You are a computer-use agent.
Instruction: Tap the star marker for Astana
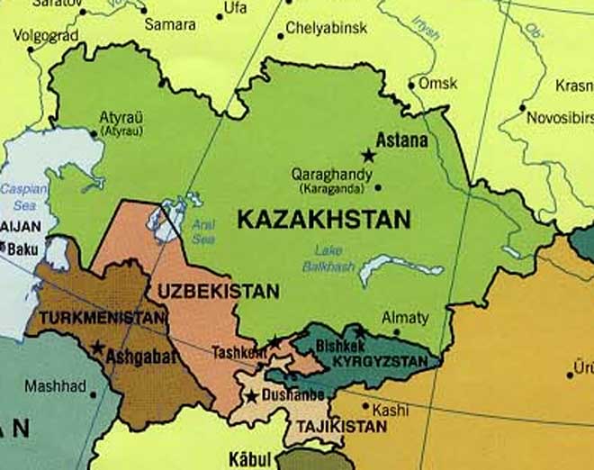(367, 155)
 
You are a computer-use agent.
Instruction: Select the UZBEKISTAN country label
(218, 292)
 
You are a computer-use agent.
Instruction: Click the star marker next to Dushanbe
(252, 396)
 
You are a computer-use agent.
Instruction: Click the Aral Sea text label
(203, 231)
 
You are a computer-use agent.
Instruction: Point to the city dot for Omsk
(412, 86)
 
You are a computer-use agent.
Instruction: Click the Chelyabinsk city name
(326, 29)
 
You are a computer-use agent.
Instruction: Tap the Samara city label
(170, 24)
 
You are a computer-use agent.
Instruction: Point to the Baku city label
(23, 247)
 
